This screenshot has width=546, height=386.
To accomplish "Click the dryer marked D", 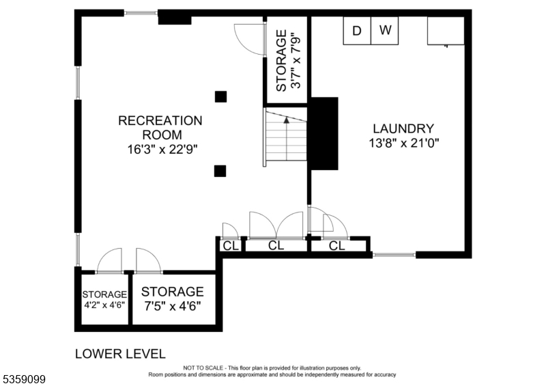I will (x=356, y=30).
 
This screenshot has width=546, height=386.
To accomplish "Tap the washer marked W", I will (x=386, y=30).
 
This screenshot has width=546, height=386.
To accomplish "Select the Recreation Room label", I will (x=160, y=127).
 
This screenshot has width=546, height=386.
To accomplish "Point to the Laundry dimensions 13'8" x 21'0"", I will (x=403, y=143).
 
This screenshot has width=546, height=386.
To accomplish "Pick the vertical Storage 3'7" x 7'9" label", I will (x=287, y=60).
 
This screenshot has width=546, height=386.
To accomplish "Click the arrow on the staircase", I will (x=287, y=120).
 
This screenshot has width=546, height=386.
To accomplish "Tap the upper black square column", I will (x=220, y=96).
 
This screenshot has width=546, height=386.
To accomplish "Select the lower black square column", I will (x=220, y=171).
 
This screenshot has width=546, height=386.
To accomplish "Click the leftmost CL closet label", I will (x=231, y=246).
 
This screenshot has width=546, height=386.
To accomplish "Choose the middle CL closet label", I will (x=276, y=246).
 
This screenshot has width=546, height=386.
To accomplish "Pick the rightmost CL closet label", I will (x=337, y=246).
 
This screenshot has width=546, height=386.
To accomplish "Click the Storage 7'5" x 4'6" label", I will (x=172, y=298).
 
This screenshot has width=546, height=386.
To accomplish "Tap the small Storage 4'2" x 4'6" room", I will (x=104, y=300).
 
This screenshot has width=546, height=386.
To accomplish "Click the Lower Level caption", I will (x=119, y=354).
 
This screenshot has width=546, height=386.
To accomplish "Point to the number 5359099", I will (x=23, y=377).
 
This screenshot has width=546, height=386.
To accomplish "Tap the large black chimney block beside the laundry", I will (x=324, y=133).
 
